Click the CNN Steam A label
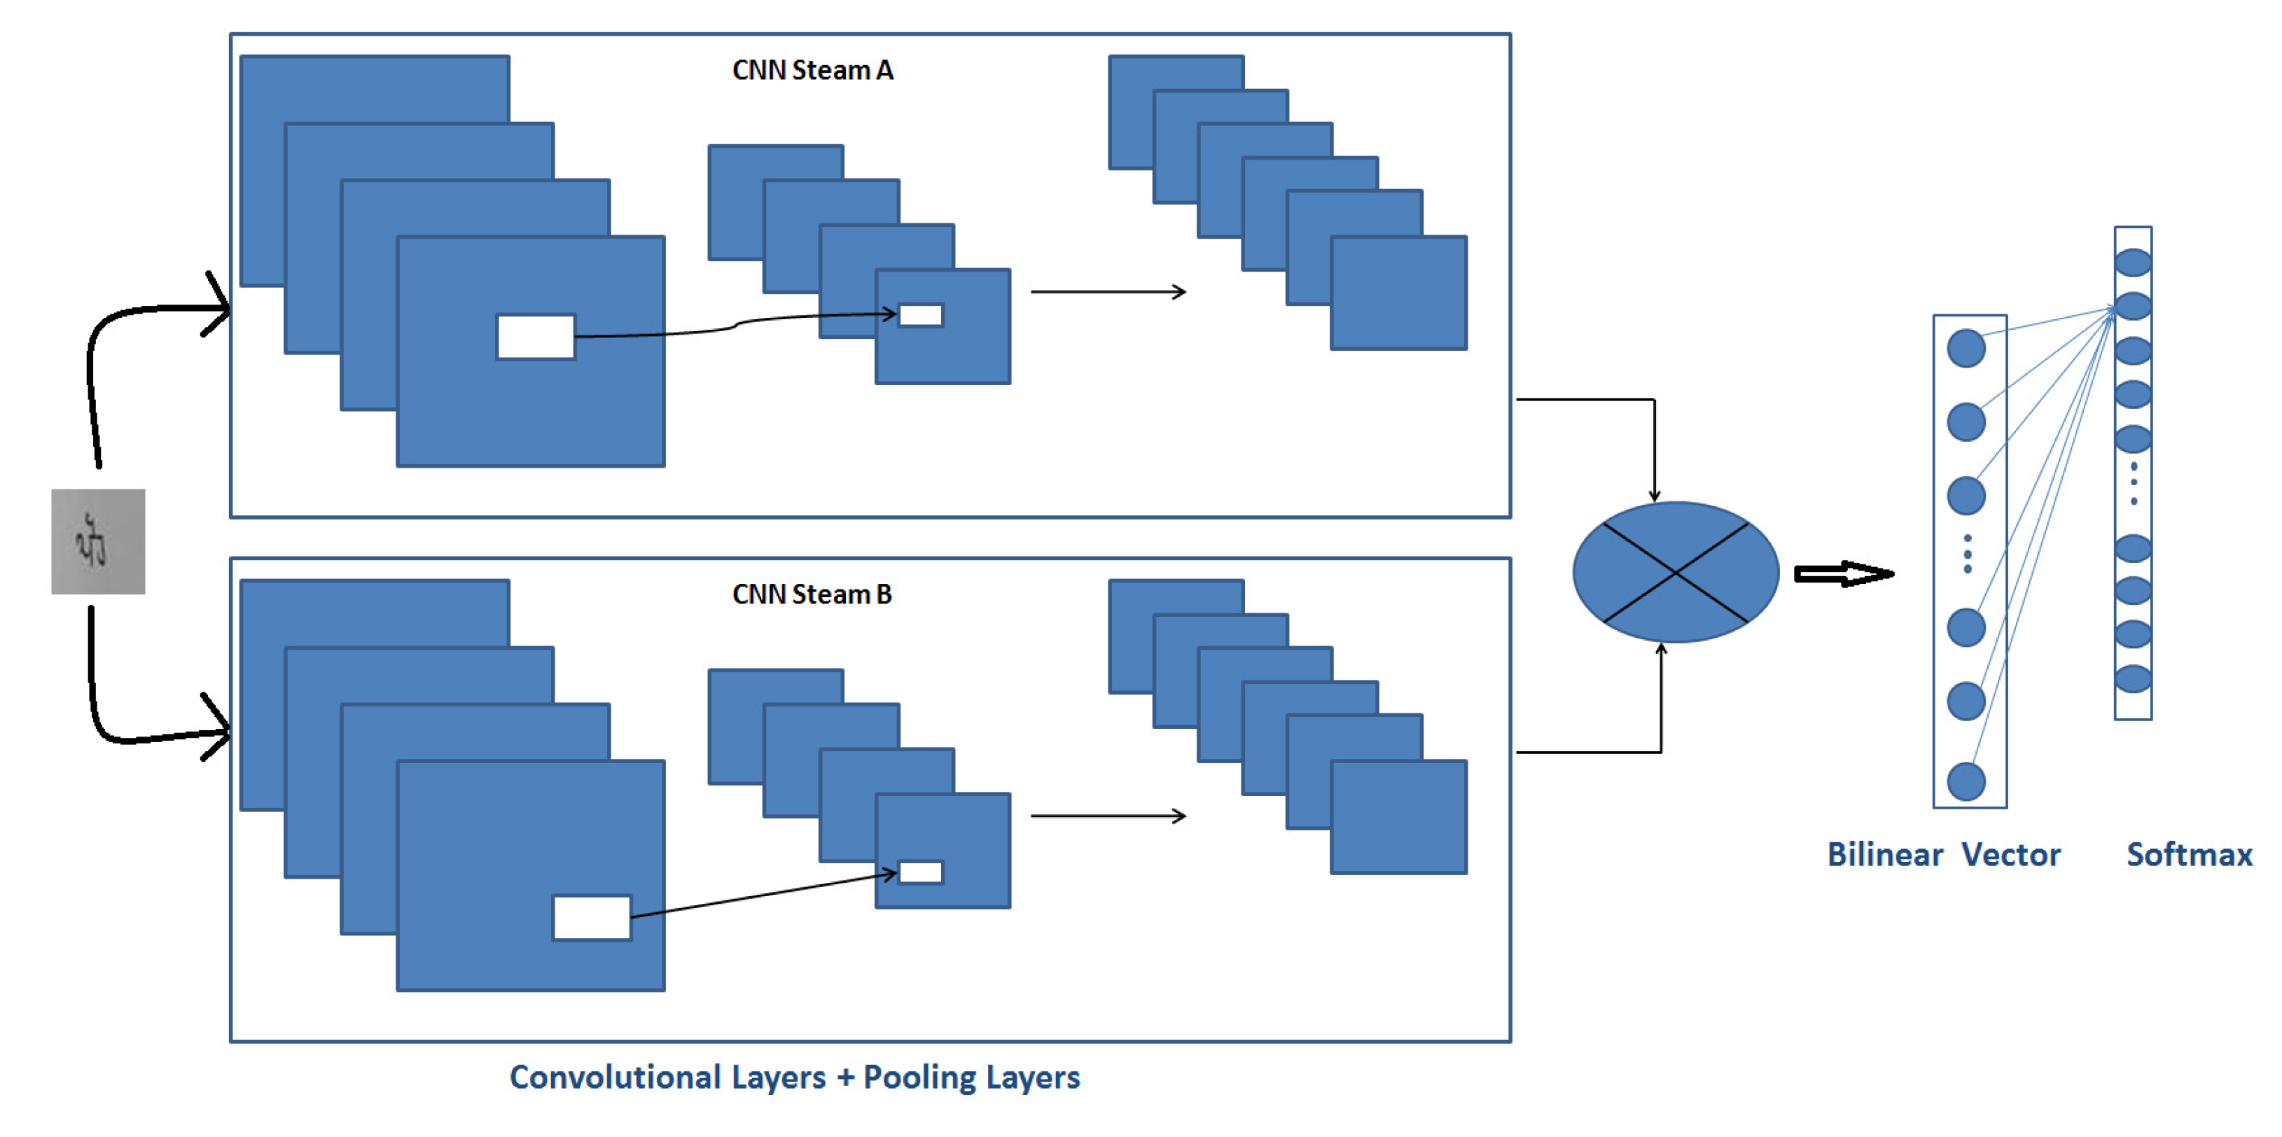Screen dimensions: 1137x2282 point(812,70)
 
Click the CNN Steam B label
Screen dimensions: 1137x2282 point(812,594)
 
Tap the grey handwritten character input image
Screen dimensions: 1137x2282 point(98,541)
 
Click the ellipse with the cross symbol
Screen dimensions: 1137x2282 point(1675,572)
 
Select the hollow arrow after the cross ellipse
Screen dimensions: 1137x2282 point(1842,574)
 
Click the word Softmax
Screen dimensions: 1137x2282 point(2189,855)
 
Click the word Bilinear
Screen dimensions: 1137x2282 point(1885,855)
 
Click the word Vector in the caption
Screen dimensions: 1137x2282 point(2011,855)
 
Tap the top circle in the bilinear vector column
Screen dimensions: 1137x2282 point(1966,348)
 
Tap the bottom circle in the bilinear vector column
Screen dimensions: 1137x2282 point(1966,781)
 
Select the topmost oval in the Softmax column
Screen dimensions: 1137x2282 point(2133,262)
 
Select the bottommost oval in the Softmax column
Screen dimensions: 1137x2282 point(2133,679)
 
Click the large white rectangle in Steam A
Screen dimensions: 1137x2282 point(536,337)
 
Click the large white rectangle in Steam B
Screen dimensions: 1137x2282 point(592,917)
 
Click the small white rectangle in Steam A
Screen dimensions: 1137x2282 point(920,315)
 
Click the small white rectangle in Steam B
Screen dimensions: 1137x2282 point(920,872)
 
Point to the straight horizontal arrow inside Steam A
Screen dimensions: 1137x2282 point(1107,291)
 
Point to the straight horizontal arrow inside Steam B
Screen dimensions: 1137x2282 point(1107,816)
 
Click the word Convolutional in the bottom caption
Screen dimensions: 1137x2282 point(615,1077)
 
